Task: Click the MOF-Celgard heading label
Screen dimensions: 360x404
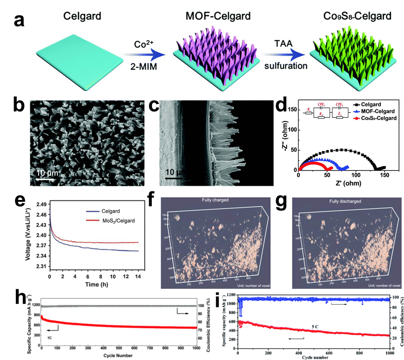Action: (x=218, y=17)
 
